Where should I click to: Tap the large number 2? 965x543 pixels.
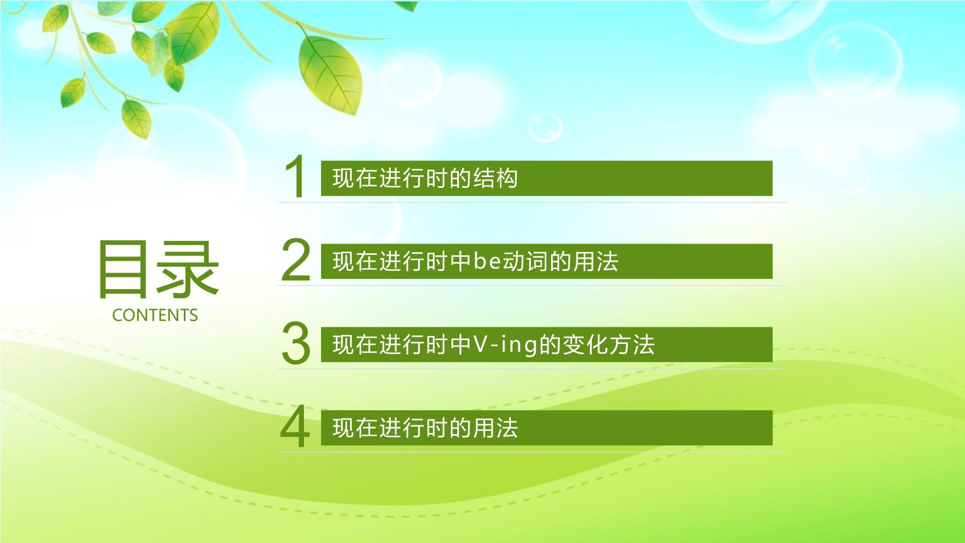296,260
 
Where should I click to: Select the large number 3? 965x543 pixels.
296,343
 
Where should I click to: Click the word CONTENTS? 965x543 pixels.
155,315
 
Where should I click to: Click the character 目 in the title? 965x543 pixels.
123,268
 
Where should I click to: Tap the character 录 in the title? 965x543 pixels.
188,268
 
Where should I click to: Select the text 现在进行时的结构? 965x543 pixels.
425,178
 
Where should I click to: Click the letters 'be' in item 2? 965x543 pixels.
487,261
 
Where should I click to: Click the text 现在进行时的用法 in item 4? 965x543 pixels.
425,428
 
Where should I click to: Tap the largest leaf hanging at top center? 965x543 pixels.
330,74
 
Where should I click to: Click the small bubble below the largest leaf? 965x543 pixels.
545,127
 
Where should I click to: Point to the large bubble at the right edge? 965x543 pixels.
856,63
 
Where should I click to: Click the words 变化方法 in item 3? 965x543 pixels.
608,344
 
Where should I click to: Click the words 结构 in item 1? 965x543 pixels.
495,178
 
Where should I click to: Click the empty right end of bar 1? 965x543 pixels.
645,178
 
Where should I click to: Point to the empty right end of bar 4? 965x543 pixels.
645,428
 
